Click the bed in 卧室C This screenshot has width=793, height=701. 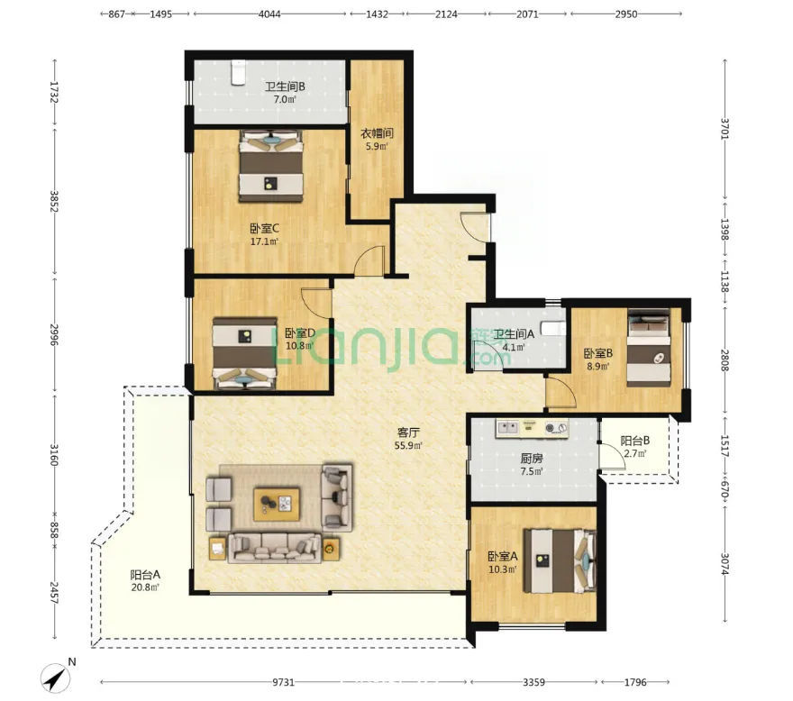tap(271, 166)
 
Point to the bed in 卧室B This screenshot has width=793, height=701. tap(649, 348)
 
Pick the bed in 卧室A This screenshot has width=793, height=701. tap(560, 561)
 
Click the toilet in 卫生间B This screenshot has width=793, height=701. tap(238, 72)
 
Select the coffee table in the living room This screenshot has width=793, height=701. tap(277, 504)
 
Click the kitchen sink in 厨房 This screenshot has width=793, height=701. tap(508, 428)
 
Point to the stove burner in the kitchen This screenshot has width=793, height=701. tap(556, 428)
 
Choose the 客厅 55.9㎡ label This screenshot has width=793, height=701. tap(408, 439)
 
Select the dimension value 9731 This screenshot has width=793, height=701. tap(283, 682)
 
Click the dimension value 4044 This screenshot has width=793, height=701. tap(269, 14)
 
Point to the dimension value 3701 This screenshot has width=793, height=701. tap(725, 129)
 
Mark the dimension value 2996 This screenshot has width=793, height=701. tap(54, 334)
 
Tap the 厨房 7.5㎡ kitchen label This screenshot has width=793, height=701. tap(532, 464)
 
